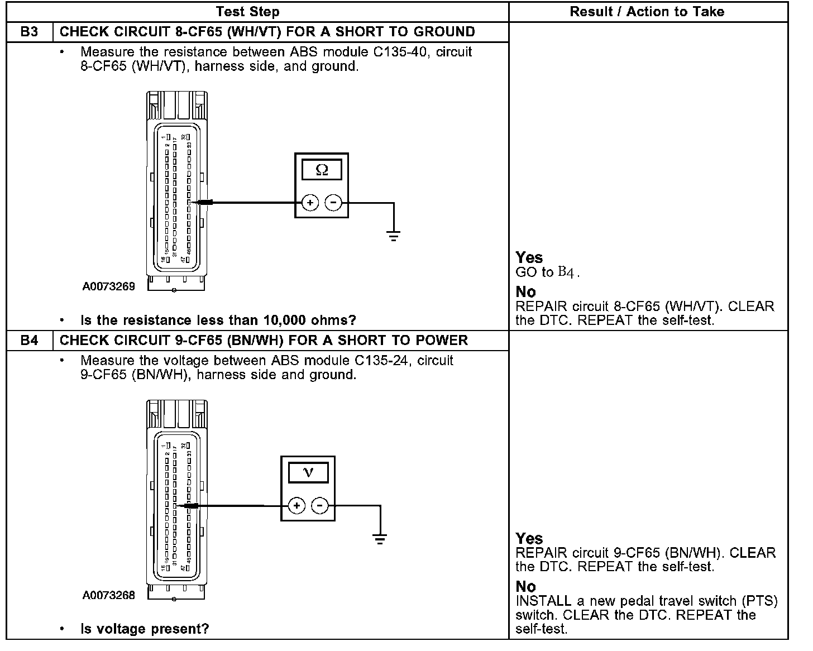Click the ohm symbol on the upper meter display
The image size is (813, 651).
[x=322, y=170]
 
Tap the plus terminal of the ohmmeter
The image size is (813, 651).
[x=310, y=203]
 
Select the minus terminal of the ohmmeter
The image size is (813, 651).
[x=333, y=203]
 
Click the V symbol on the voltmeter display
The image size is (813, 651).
[x=308, y=473]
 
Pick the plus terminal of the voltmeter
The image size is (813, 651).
[x=296, y=506]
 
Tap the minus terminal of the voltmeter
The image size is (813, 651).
[x=320, y=506]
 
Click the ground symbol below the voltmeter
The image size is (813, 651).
[x=380, y=539]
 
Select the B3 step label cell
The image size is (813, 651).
[x=29, y=32]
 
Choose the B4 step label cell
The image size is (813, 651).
[x=29, y=341]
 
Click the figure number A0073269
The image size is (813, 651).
[x=109, y=287]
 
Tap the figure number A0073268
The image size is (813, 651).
[x=109, y=596]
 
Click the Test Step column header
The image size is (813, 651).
[x=247, y=12]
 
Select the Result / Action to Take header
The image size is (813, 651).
[x=647, y=12]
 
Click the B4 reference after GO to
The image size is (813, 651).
[x=566, y=272]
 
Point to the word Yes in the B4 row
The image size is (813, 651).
[x=529, y=539]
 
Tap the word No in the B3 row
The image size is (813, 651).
[x=525, y=292]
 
